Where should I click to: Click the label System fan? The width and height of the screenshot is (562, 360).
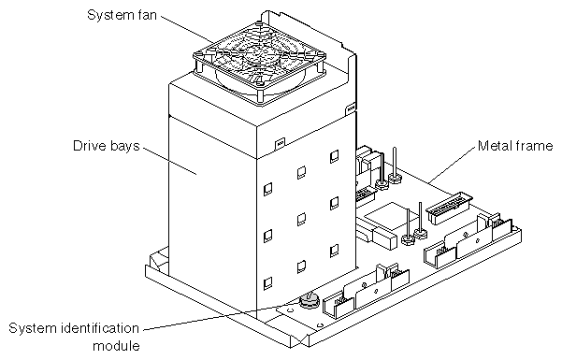122,15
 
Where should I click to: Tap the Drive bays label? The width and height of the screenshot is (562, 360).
106,146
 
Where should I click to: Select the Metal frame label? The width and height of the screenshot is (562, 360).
515,146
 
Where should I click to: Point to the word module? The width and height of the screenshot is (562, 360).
116,346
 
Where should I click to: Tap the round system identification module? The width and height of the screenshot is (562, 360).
309,300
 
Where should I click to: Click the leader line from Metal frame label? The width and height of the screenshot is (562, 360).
453,165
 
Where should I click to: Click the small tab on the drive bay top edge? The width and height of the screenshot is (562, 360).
280,144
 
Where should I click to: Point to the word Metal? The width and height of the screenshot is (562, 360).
497,146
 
